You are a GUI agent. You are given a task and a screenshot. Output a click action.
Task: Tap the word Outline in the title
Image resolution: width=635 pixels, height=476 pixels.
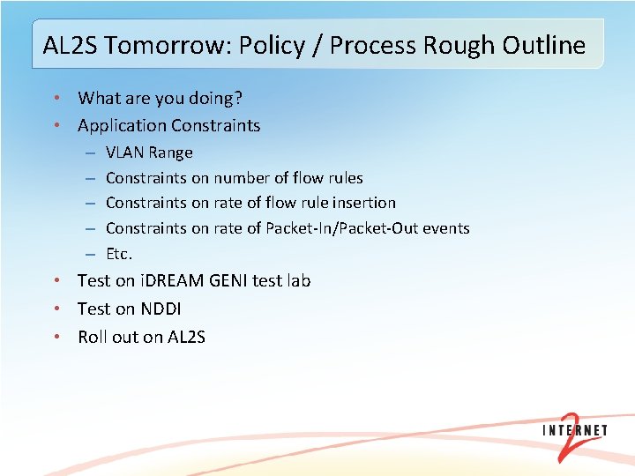pyautogui.click(x=544, y=45)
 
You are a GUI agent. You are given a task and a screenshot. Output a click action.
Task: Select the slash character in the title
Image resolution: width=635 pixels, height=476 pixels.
pyautogui.click(x=317, y=46)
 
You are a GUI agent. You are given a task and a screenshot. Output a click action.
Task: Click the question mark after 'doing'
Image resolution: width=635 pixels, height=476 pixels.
pyautogui.click(x=238, y=98)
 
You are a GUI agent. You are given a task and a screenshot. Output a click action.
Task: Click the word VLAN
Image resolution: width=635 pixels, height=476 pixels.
pyautogui.click(x=124, y=152)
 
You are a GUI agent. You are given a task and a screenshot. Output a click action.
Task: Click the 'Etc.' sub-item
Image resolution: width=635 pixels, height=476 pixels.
pyautogui.click(x=119, y=254)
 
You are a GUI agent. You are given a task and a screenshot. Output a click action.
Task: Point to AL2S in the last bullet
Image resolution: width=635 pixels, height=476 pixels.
pyautogui.click(x=186, y=337)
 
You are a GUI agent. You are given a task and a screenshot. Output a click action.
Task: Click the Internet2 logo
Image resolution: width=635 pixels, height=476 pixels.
pyautogui.click(x=575, y=436)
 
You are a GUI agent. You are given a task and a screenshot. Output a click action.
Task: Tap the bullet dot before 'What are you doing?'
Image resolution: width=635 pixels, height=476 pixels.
pyautogui.click(x=56, y=98)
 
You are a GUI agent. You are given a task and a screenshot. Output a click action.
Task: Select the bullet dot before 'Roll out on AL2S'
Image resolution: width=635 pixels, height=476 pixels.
pyautogui.click(x=56, y=337)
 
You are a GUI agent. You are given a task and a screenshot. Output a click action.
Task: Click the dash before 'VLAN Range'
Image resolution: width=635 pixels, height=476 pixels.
pyautogui.click(x=90, y=153)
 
